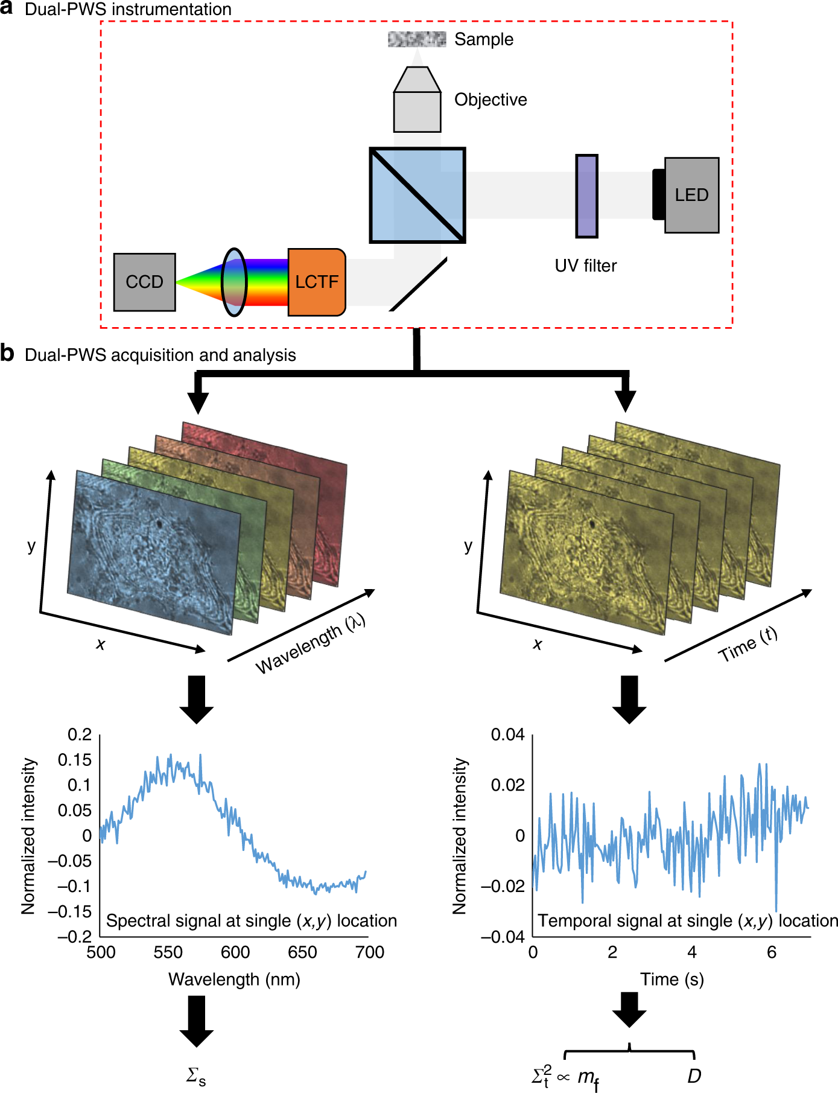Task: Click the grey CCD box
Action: (x=144, y=282)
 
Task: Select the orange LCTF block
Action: (x=316, y=282)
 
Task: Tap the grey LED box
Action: (x=691, y=195)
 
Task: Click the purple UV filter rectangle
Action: (x=586, y=196)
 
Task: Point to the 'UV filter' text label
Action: (x=585, y=266)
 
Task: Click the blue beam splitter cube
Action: (x=417, y=195)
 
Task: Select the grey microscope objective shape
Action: (x=417, y=100)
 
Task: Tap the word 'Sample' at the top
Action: (x=484, y=39)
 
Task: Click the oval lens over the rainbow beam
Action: (x=234, y=282)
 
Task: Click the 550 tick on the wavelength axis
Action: (x=168, y=952)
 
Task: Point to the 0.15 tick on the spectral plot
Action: (x=75, y=760)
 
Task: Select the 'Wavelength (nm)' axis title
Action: (x=234, y=979)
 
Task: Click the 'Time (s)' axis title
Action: (x=671, y=979)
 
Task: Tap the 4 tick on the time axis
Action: (x=691, y=952)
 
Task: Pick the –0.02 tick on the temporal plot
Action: (x=503, y=886)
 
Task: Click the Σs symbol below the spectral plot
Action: (x=196, y=1075)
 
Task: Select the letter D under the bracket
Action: (x=694, y=1075)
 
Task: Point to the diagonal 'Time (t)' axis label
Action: (x=748, y=645)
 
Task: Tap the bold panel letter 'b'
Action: (x=7, y=354)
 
